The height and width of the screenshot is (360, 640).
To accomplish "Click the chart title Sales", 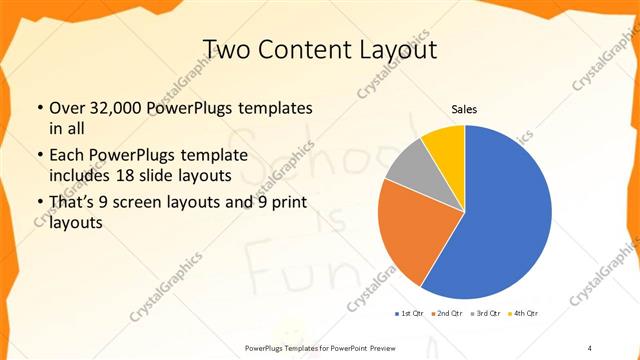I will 464,108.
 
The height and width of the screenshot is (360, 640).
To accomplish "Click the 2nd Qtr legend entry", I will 446,313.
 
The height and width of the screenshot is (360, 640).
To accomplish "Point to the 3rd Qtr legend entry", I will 485,313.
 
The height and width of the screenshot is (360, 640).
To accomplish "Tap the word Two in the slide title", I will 229,49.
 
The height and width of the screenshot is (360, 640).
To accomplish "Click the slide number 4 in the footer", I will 590,347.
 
